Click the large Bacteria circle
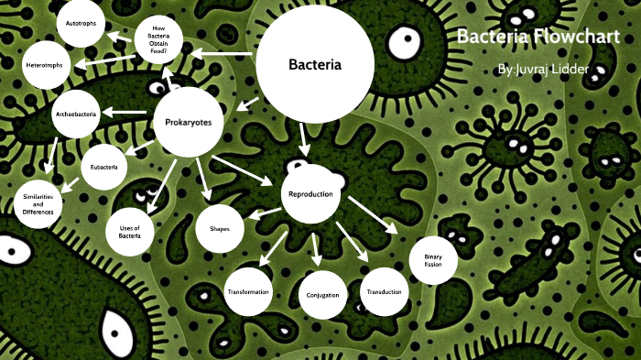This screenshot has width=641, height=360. pyautogui.click(x=314, y=65)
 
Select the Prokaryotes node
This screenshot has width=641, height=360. pyautogui.click(x=189, y=121)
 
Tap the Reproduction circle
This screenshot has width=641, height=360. pyautogui.click(x=311, y=194)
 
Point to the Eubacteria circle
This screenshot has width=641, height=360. pyautogui.click(x=104, y=167)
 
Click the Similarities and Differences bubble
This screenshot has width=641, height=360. pyautogui.click(x=38, y=205)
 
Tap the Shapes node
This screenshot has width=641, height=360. pyautogui.click(x=220, y=228)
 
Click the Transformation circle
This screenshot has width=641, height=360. pyautogui.click(x=247, y=291)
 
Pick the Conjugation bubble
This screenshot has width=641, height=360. pyautogui.click(x=323, y=295)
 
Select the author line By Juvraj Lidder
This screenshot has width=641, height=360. pyautogui.click(x=540, y=70)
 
